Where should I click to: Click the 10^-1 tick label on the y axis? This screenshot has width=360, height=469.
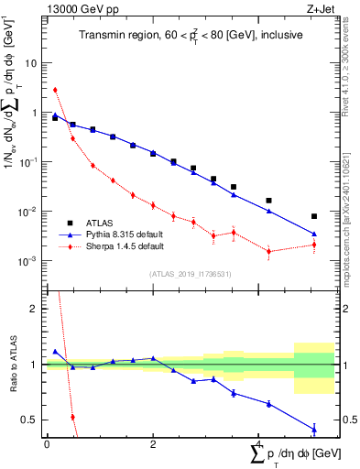31,162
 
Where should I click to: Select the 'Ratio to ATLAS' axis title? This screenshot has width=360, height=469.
12,365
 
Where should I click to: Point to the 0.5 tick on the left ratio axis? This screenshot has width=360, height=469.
33,420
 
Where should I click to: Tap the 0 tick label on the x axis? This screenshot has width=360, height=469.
47,443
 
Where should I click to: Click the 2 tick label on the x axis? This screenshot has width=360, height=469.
153,443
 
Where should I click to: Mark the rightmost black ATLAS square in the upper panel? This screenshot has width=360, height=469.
314,216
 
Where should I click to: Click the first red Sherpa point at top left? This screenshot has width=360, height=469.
55,90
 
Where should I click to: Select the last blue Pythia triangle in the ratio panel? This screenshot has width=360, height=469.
314,429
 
